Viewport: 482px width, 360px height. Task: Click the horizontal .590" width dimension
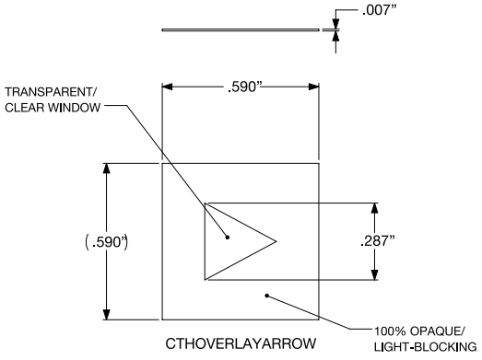[x=241, y=88]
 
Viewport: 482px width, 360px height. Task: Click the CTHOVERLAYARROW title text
[x=241, y=343]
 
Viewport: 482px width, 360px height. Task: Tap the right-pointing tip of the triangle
[x=276, y=240]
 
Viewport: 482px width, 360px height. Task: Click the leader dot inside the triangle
[x=229, y=237]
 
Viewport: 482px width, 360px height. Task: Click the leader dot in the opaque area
[x=266, y=296]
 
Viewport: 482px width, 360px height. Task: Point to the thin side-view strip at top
[x=241, y=30]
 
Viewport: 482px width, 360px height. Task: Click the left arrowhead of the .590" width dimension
[x=167, y=88]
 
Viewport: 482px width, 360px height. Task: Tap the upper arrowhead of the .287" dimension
[x=375, y=206]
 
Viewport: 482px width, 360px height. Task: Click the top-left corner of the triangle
[x=205, y=202]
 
